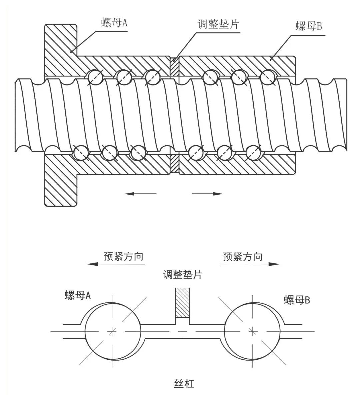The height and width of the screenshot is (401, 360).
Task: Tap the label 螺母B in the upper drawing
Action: coord(309,26)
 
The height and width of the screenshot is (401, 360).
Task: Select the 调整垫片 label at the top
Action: coord(219,24)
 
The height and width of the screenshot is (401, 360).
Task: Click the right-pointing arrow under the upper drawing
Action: coord(207,194)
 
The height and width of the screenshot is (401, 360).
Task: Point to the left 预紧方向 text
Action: coord(123,256)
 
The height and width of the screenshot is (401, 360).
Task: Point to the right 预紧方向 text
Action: coord(242,256)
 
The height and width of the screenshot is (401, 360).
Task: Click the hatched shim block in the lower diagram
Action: coord(183,303)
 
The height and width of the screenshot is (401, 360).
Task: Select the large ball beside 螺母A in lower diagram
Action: coord(113,331)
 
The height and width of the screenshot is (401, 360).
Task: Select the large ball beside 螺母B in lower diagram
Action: coord(253,331)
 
